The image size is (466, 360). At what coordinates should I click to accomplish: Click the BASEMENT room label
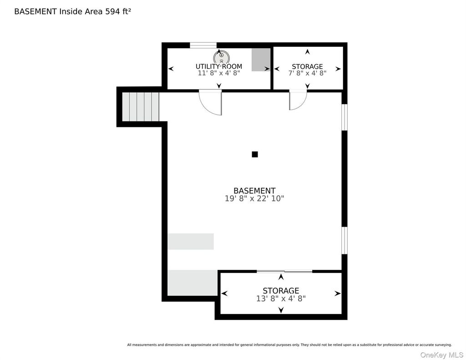(x=254, y=191)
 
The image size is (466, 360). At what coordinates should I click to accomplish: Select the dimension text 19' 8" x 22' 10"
(x=254, y=198)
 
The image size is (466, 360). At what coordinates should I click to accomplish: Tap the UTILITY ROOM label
(x=219, y=66)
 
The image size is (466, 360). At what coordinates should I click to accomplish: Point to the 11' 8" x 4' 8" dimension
(x=219, y=73)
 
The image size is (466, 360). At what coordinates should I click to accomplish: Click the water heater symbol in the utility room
(x=222, y=57)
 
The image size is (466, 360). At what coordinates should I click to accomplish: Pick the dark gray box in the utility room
(x=261, y=60)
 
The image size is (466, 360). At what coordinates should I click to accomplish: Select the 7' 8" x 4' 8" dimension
(x=307, y=73)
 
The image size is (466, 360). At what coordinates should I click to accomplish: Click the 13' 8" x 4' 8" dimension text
(x=281, y=298)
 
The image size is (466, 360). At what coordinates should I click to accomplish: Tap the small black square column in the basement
(x=255, y=154)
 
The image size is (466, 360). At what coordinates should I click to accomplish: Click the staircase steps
(x=141, y=106)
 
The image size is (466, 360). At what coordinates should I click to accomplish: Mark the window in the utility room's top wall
(x=203, y=45)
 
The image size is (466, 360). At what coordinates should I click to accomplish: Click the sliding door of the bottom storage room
(x=284, y=271)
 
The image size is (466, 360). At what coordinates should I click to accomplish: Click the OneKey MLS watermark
(x=441, y=355)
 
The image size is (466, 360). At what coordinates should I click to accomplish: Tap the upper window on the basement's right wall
(x=344, y=117)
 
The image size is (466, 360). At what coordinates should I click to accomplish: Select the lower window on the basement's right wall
(x=344, y=240)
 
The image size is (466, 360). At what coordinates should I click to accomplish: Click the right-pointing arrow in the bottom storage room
(x=338, y=294)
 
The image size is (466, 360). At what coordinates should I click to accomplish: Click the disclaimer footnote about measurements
(x=289, y=345)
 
